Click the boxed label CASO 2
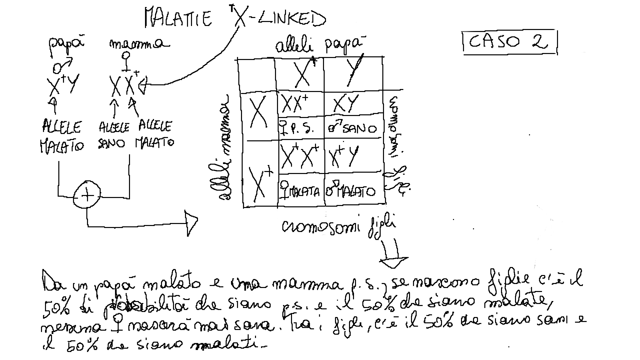point(509,42)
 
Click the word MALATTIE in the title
point(178,18)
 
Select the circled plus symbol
point(87,195)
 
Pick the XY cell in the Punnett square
point(347,104)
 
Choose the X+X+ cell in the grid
point(300,156)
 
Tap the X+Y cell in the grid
point(345,156)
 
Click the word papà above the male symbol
point(67,45)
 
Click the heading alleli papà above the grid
point(318,46)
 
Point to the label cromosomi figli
point(338,227)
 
